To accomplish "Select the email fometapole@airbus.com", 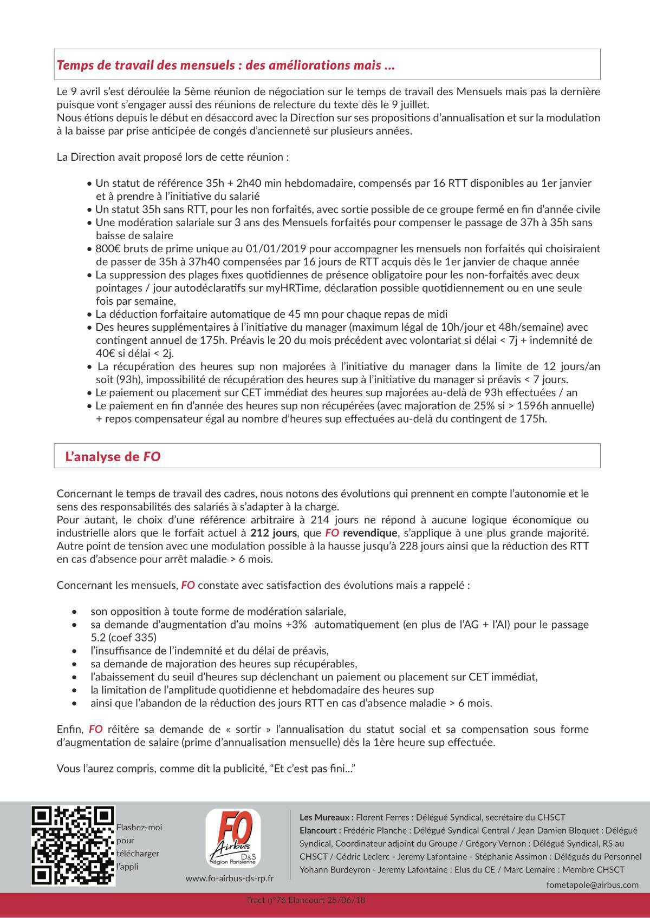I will pos(593,884).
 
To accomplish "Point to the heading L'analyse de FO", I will pos(113,456).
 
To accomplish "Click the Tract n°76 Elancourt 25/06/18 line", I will pos(306,901).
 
